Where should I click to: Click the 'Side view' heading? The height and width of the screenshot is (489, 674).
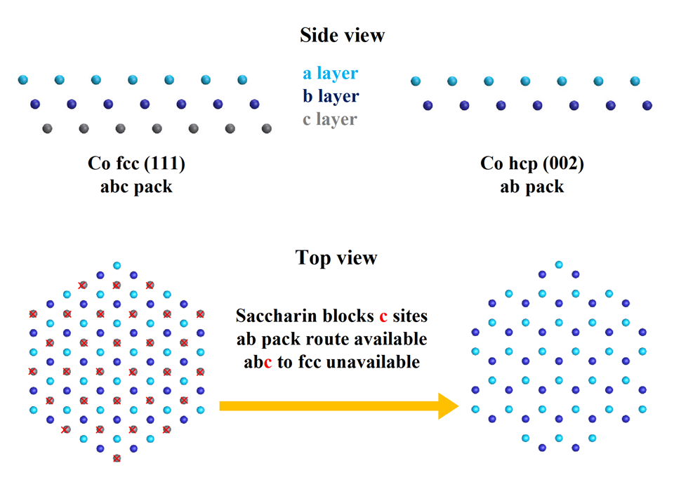point(342,35)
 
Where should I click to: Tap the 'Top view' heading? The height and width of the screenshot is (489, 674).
point(336,257)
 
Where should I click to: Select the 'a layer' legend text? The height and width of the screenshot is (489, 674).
point(330,74)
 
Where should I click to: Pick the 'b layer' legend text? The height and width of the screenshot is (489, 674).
point(331,96)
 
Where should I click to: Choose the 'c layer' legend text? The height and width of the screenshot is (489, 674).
point(330,119)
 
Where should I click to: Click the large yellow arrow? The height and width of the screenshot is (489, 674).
point(339,406)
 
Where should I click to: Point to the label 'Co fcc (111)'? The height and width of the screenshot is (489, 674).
point(136,163)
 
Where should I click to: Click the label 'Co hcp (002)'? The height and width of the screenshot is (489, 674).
point(531,163)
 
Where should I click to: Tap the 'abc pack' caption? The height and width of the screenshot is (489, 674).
point(136,187)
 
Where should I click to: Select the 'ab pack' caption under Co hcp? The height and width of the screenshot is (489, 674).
point(531,187)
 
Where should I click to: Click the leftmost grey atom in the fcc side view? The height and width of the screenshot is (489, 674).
point(47,128)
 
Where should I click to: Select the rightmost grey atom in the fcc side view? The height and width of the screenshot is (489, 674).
point(267,128)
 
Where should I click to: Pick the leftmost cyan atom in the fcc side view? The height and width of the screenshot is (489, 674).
point(22,79)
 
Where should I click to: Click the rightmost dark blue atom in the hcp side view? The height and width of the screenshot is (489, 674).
point(647,105)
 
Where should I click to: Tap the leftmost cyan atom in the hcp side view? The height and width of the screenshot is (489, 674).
point(415,81)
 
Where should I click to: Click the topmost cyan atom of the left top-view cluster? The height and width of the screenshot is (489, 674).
point(117,266)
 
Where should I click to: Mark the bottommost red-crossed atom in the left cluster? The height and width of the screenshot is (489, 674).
point(117,459)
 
